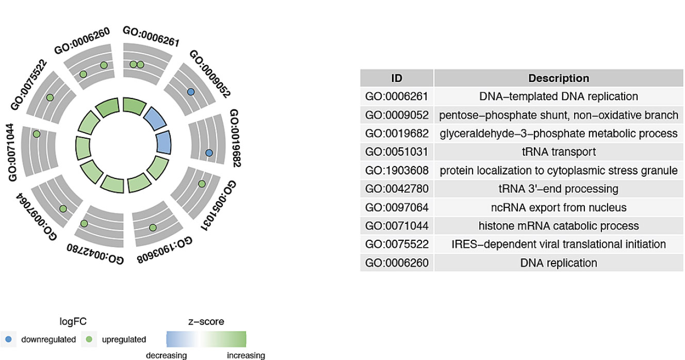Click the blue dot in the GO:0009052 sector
(190, 92)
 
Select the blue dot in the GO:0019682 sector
(208, 153)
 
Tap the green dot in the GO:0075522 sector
(50, 97)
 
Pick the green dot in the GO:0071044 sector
(36, 134)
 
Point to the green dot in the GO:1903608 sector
(153, 227)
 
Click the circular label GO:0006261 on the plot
(151, 37)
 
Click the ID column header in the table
(397, 78)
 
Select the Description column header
(559, 78)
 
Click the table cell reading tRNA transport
(559, 152)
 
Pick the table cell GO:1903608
(397, 171)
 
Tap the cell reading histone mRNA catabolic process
(559, 226)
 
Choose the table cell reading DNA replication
(559, 263)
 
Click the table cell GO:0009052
(397, 115)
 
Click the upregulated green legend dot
(89, 339)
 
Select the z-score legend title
(206, 322)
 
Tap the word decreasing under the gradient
(166, 355)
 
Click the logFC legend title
(73, 322)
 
